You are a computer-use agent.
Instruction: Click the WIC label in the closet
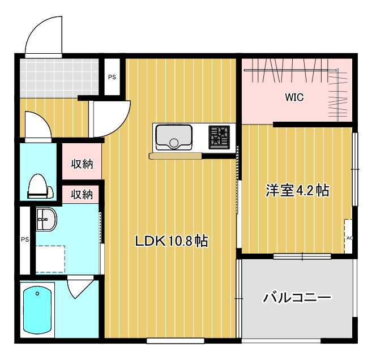tap(294, 97)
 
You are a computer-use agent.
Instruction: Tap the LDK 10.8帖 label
tap(172, 242)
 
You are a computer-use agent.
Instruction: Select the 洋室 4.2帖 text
tap(298, 190)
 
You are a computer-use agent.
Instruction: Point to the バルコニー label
tap(297, 297)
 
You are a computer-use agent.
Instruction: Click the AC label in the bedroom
tap(349, 238)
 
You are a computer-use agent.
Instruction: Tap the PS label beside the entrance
tap(112, 77)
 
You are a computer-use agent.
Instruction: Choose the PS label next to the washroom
tap(24, 239)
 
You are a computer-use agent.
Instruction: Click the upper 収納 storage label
tap(82, 164)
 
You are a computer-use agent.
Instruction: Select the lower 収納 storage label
tap(82, 194)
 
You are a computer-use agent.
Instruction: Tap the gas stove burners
tap(219, 136)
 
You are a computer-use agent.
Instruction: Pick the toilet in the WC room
tap(39, 186)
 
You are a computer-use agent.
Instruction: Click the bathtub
tap(38, 311)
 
